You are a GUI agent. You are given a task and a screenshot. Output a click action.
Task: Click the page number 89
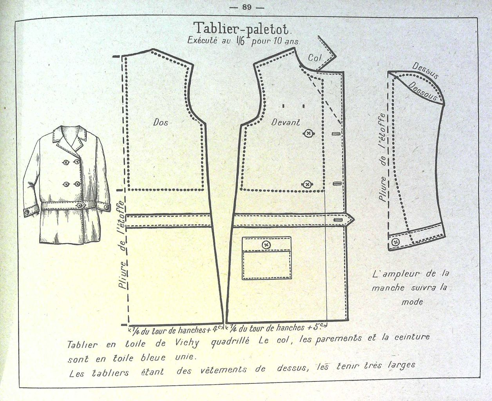click(247, 7)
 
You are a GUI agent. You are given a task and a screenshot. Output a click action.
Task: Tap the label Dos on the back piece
click(161, 122)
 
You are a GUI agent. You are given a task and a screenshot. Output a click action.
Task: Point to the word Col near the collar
click(314, 58)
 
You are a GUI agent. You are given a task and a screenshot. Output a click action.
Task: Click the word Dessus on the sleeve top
click(425, 71)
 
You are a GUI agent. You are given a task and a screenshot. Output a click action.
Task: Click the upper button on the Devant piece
click(309, 134)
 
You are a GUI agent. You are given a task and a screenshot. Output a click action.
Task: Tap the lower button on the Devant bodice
click(307, 184)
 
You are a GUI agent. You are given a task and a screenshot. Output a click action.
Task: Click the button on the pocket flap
click(267, 245)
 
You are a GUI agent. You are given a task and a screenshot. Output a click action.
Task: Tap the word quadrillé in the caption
click(230, 341)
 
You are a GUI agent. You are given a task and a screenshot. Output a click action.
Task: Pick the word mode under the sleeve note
click(412, 302)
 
